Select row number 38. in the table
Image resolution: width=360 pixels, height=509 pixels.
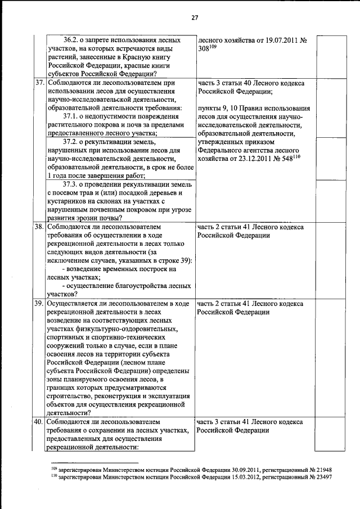[x=39, y=227]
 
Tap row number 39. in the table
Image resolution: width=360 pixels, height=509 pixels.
[x=39, y=304]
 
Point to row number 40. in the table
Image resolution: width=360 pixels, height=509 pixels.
[x=39, y=421]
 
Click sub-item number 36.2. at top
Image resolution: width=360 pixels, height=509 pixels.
[x=74, y=40]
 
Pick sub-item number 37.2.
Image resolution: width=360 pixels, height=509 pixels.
[x=73, y=142]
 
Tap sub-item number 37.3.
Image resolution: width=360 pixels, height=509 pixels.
[x=73, y=184]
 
